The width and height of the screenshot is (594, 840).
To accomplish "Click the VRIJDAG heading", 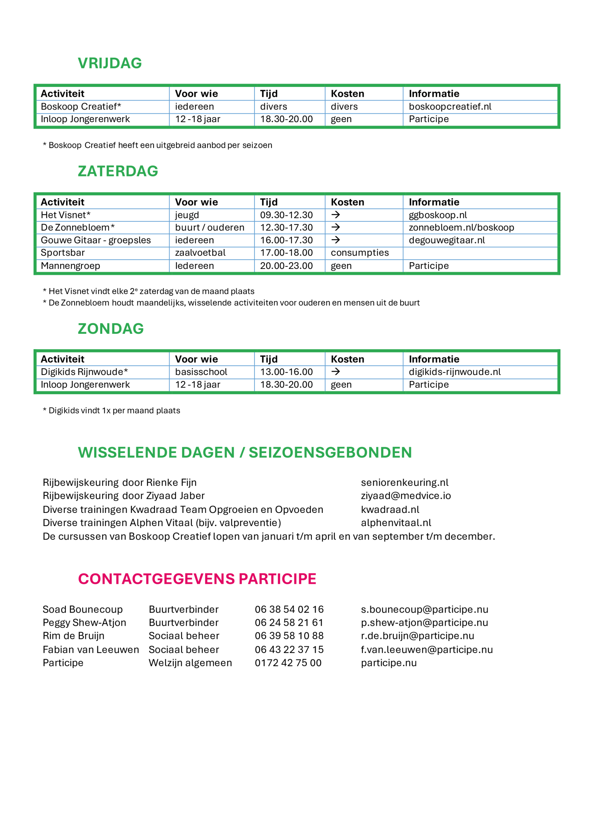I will click(110, 63).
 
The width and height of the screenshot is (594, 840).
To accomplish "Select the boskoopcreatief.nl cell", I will click(450, 106).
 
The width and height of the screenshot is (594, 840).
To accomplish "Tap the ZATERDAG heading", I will click(118, 171).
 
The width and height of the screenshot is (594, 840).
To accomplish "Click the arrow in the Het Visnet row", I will click(336, 215).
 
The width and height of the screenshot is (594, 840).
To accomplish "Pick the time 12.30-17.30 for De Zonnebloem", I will click(286, 227).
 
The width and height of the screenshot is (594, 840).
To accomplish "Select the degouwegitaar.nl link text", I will click(447, 240).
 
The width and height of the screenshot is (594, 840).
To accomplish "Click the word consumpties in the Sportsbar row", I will click(360, 253).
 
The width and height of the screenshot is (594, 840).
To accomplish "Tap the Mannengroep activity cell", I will click(70, 266).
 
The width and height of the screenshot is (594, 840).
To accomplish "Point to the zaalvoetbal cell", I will click(200, 253).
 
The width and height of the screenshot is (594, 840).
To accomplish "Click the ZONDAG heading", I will click(111, 329).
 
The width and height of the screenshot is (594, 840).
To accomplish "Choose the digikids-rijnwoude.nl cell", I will click(455, 372).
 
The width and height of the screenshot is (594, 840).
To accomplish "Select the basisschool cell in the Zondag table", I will click(201, 372).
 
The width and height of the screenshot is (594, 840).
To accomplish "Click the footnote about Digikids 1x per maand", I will click(112, 411).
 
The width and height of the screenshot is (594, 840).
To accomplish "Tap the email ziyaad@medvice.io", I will click(406, 496).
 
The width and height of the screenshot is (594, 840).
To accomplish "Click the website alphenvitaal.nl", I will click(396, 523).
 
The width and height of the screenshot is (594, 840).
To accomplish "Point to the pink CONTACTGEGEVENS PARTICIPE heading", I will click(197, 579).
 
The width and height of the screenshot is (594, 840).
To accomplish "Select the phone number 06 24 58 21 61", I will click(289, 623).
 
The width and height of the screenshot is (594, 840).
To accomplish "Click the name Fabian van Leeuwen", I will click(91, 650).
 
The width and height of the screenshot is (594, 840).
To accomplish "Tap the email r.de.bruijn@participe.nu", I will click(417, 636).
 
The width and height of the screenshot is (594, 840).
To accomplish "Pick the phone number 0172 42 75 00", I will click(288, 663).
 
